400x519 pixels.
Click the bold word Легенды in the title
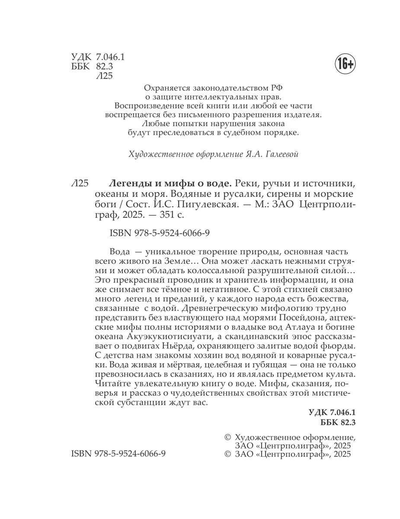pos(125,183)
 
